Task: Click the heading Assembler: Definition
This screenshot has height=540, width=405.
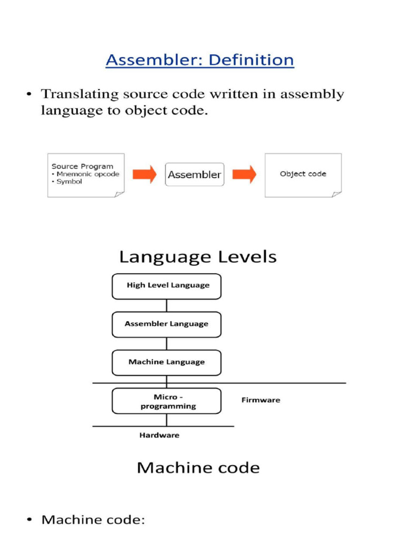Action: coord(199,60)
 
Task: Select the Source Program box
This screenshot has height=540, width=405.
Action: coord(86,175)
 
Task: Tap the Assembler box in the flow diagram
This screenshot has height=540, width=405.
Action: coord(195,175)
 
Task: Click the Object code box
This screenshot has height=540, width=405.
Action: coord(303,175)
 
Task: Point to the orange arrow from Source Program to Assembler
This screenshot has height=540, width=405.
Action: coord(144,175)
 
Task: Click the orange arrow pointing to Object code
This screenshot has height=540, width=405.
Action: coord(244,175)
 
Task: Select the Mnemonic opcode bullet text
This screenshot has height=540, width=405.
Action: coord(87,174)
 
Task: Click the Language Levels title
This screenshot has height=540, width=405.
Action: coord(198,257)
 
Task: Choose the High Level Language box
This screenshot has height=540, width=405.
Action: coord(167,286)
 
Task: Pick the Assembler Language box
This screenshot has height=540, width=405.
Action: coord(167,324)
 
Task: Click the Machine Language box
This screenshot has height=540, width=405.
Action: coord(167,362)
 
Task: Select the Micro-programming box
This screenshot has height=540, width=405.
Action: coord(167,401)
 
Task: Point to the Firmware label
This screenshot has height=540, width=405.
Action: coord(261,400)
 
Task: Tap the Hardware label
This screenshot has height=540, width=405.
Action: coord(159,435)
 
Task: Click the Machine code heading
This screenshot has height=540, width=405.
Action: coord(198,468)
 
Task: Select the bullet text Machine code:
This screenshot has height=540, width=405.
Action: coord(93,520)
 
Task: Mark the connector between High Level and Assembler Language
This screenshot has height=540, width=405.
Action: coord(167,305)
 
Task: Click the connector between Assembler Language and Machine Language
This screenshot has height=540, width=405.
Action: coord(167,344)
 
